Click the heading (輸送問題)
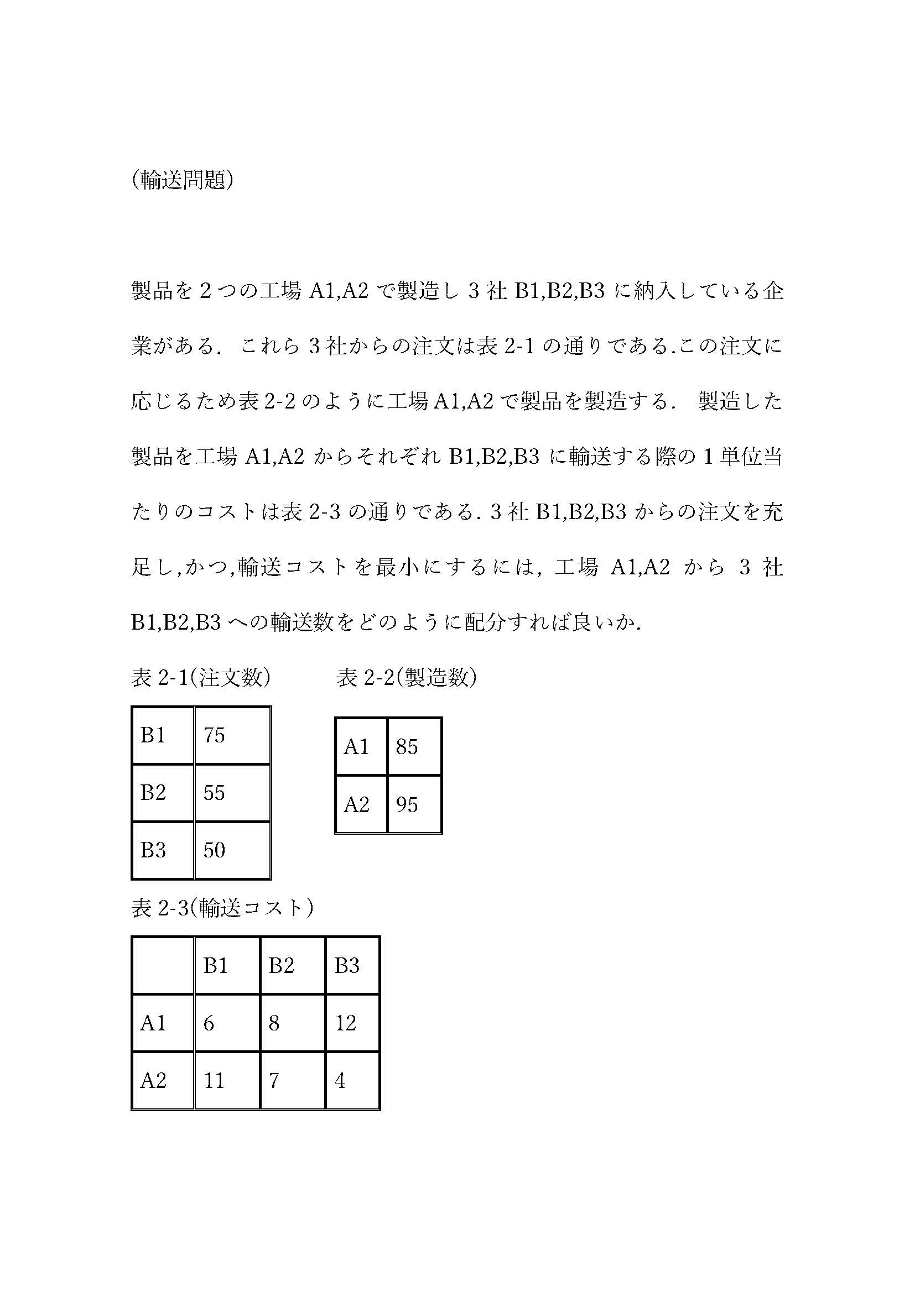(182, 180)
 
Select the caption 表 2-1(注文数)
(201, 678)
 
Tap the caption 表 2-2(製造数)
(407, 678)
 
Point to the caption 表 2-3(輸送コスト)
(222, 907)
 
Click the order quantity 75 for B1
(214, 735)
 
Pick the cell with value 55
(214, 792)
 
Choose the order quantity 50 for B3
(214, 850)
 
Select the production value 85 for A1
(407, 747)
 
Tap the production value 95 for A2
(407, 804)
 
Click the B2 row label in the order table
(153, 792)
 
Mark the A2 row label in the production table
(357, 804)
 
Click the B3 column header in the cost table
(346, 965)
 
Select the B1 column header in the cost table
(216, 965)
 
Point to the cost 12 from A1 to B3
(346, 1023)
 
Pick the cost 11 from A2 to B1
(214, 1080)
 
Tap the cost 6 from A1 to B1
(209, 1023)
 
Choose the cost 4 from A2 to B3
(340, 1080)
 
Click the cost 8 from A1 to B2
(274, 1023)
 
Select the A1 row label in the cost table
(153, 1023)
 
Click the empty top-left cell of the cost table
(163, 965)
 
